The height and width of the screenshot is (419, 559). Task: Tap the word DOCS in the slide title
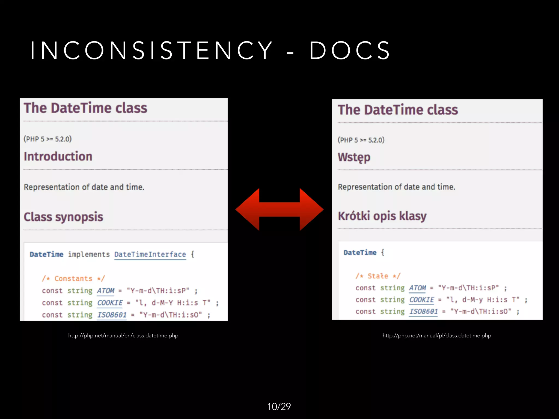click(350, 50)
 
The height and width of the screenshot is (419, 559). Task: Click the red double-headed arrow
click(279, 209)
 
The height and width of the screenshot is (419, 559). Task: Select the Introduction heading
click(58, 157)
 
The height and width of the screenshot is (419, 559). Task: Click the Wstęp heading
click(354, 157)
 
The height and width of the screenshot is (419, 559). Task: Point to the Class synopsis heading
click(63, 217)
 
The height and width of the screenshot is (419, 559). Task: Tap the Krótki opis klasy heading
click(382, 216)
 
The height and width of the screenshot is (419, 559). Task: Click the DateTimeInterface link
click(150, 255)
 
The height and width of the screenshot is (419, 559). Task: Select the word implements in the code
click(89, 255)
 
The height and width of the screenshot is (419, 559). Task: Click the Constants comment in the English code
click(73, 279)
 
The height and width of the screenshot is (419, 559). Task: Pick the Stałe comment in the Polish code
click(378, 276)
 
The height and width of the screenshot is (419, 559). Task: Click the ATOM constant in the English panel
click(106, 291)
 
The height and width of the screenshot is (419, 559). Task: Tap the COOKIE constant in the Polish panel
click(421, 300)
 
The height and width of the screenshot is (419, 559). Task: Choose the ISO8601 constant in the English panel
click(112, 315)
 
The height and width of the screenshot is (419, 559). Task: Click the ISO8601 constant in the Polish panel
click(423, 312)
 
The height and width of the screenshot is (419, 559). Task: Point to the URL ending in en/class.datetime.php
click(123, 336)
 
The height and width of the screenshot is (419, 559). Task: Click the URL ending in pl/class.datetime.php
click(437, 336)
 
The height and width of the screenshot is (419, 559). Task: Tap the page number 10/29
click(279, 406)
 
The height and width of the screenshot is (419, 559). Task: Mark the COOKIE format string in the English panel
click(173, 303)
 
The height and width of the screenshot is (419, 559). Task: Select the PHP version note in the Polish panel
click(361, 140)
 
